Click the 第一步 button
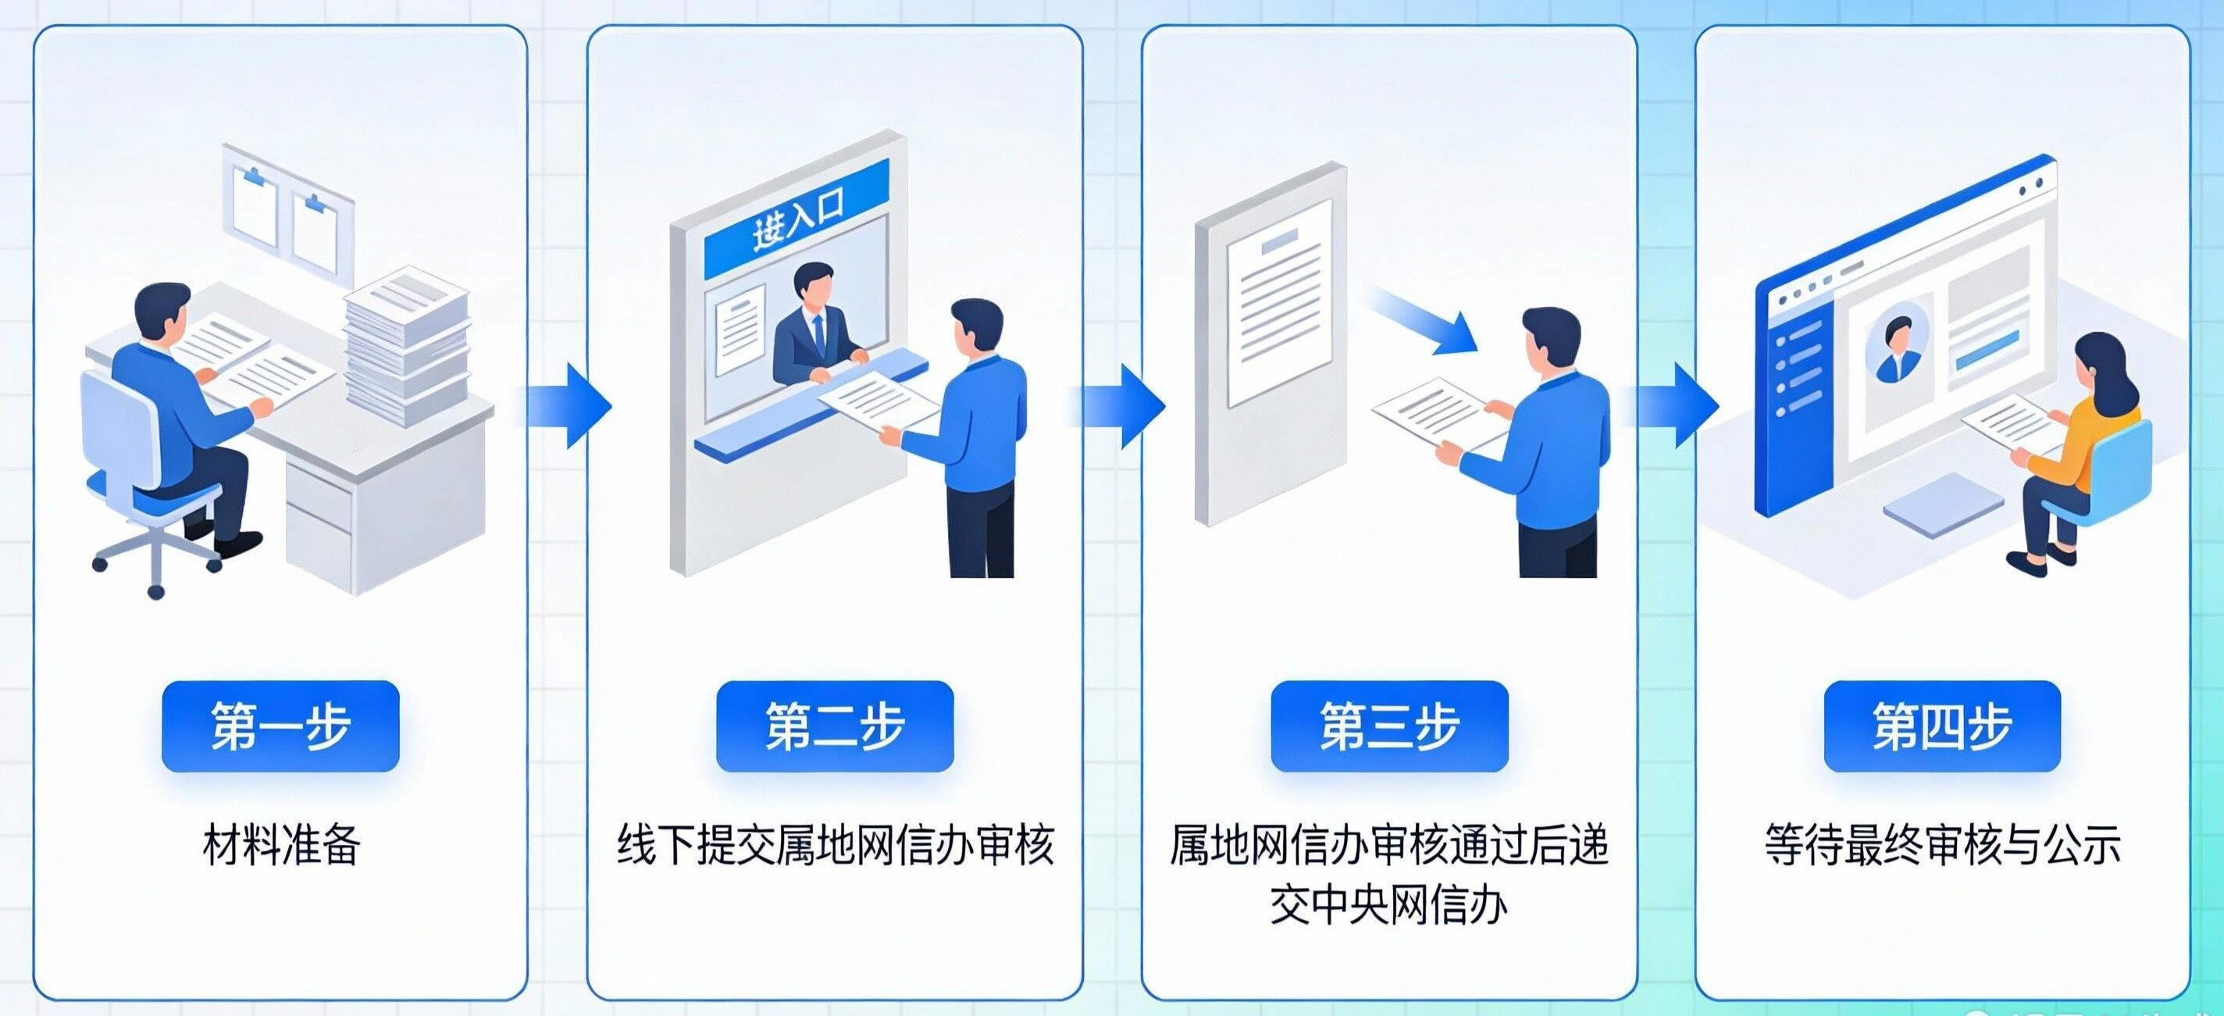click(x=280, y=726)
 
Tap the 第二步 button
click(x=834, y=726)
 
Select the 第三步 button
click(x=1388, y=726)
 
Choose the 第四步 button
click(x=1941, y=726)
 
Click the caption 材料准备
click(x=280, y=844)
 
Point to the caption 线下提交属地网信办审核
click(x=835, y=844)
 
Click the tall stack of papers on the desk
click(x=406, y=345)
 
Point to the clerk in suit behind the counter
click(x=815, y=328)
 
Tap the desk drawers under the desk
click(x=319, y=518)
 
